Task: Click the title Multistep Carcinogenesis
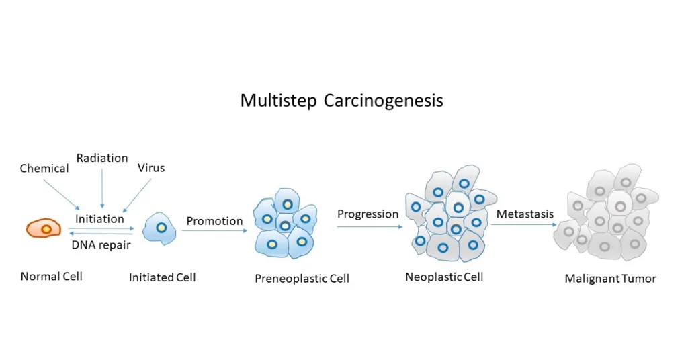(341, 101)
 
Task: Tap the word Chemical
(44, 169)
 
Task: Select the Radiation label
(102, 158)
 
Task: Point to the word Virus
(151, 168)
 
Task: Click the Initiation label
(99, 219)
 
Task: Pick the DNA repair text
(101, 244)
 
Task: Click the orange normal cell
(44, 228)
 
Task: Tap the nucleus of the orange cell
(46, 229)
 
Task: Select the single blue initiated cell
(159, 229)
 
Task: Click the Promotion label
(214, 221)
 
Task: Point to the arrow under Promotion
(214, 230)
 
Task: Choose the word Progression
(368, 214)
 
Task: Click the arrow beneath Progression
(370, 227)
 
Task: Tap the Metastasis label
(525, 214)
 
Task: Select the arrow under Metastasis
(524, 224)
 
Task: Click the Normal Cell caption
(51, 277)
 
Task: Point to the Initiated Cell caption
(163, 277)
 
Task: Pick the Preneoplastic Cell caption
(302, 279)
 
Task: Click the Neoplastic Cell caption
(444, 277)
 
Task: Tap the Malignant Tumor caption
(610, 279)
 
